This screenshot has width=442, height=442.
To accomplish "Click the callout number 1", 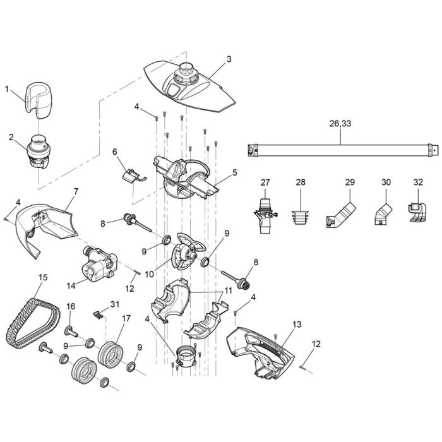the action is [x=7, y=89].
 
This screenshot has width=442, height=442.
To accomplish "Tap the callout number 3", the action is [x=229, y=59].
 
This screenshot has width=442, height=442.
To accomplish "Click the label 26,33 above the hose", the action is [x=340, y=124].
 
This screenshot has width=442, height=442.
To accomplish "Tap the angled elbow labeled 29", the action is [x=340, y=215].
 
